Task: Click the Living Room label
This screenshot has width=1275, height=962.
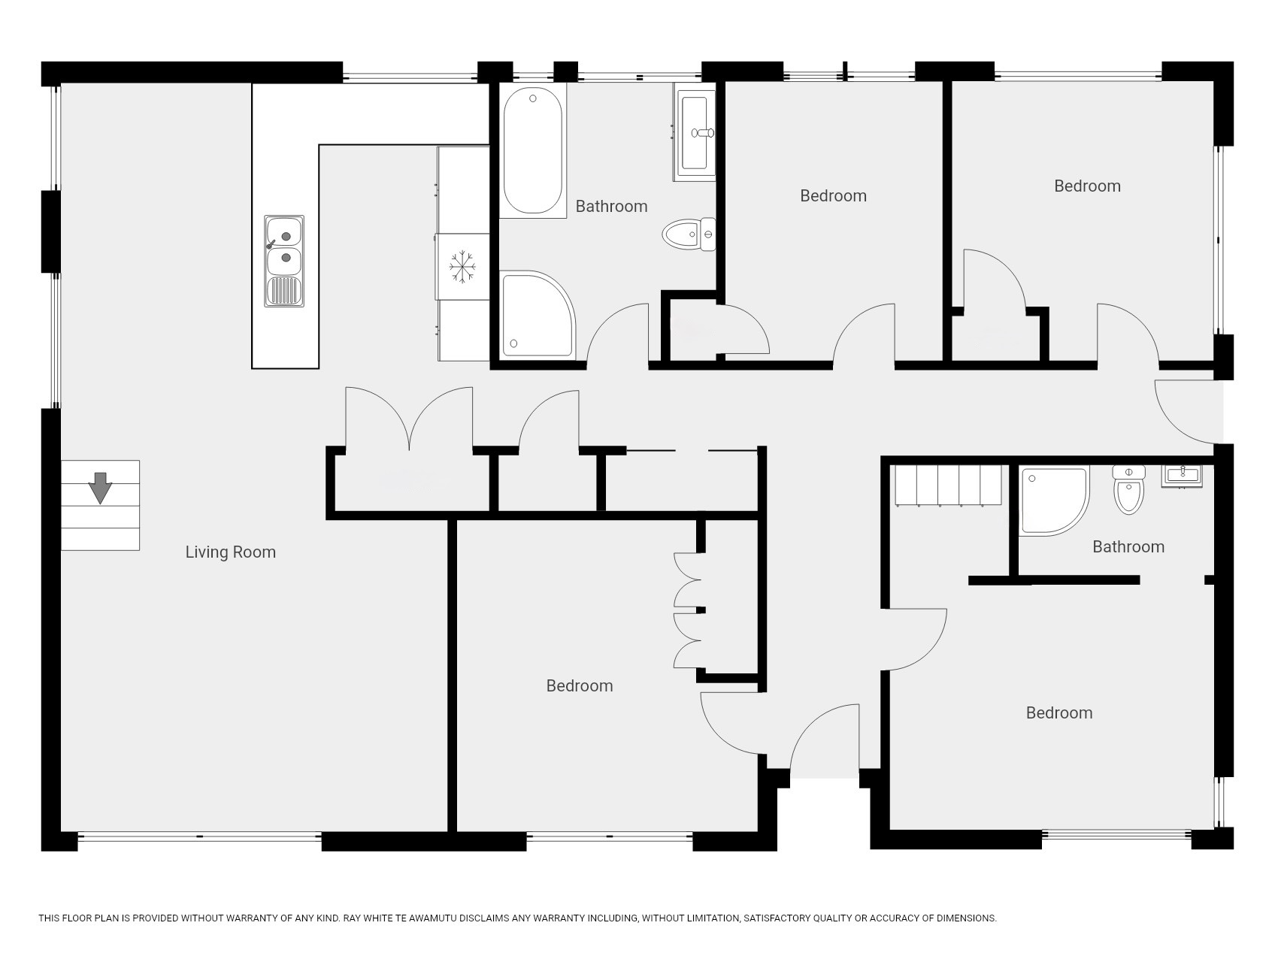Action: (x=231, y=552)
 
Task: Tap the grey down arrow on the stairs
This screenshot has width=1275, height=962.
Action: (x=100, y=488)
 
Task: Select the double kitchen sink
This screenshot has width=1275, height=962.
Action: (x=284, y=260)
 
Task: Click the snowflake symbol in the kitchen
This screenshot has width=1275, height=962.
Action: (x=463, y=267)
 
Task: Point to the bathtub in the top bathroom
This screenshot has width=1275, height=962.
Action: (x=532, y=151)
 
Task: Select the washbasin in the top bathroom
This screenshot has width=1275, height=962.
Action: (x=695, y=133)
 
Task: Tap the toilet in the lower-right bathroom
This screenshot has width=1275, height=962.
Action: (x=1128, y=489)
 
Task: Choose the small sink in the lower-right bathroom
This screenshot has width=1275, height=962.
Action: (x=1183, y=476)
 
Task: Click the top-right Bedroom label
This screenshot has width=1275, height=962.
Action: (x=1087, y=186)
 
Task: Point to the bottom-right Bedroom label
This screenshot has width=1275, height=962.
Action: (x=1059, y=713)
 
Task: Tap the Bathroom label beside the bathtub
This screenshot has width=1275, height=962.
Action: (x=611, y=207)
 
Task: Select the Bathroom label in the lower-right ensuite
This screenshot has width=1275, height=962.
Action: (x=1128, y=547)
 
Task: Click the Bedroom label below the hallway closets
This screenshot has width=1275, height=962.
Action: (x=580, y=686)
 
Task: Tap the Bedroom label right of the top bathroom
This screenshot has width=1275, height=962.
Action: (x=833, y=196)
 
